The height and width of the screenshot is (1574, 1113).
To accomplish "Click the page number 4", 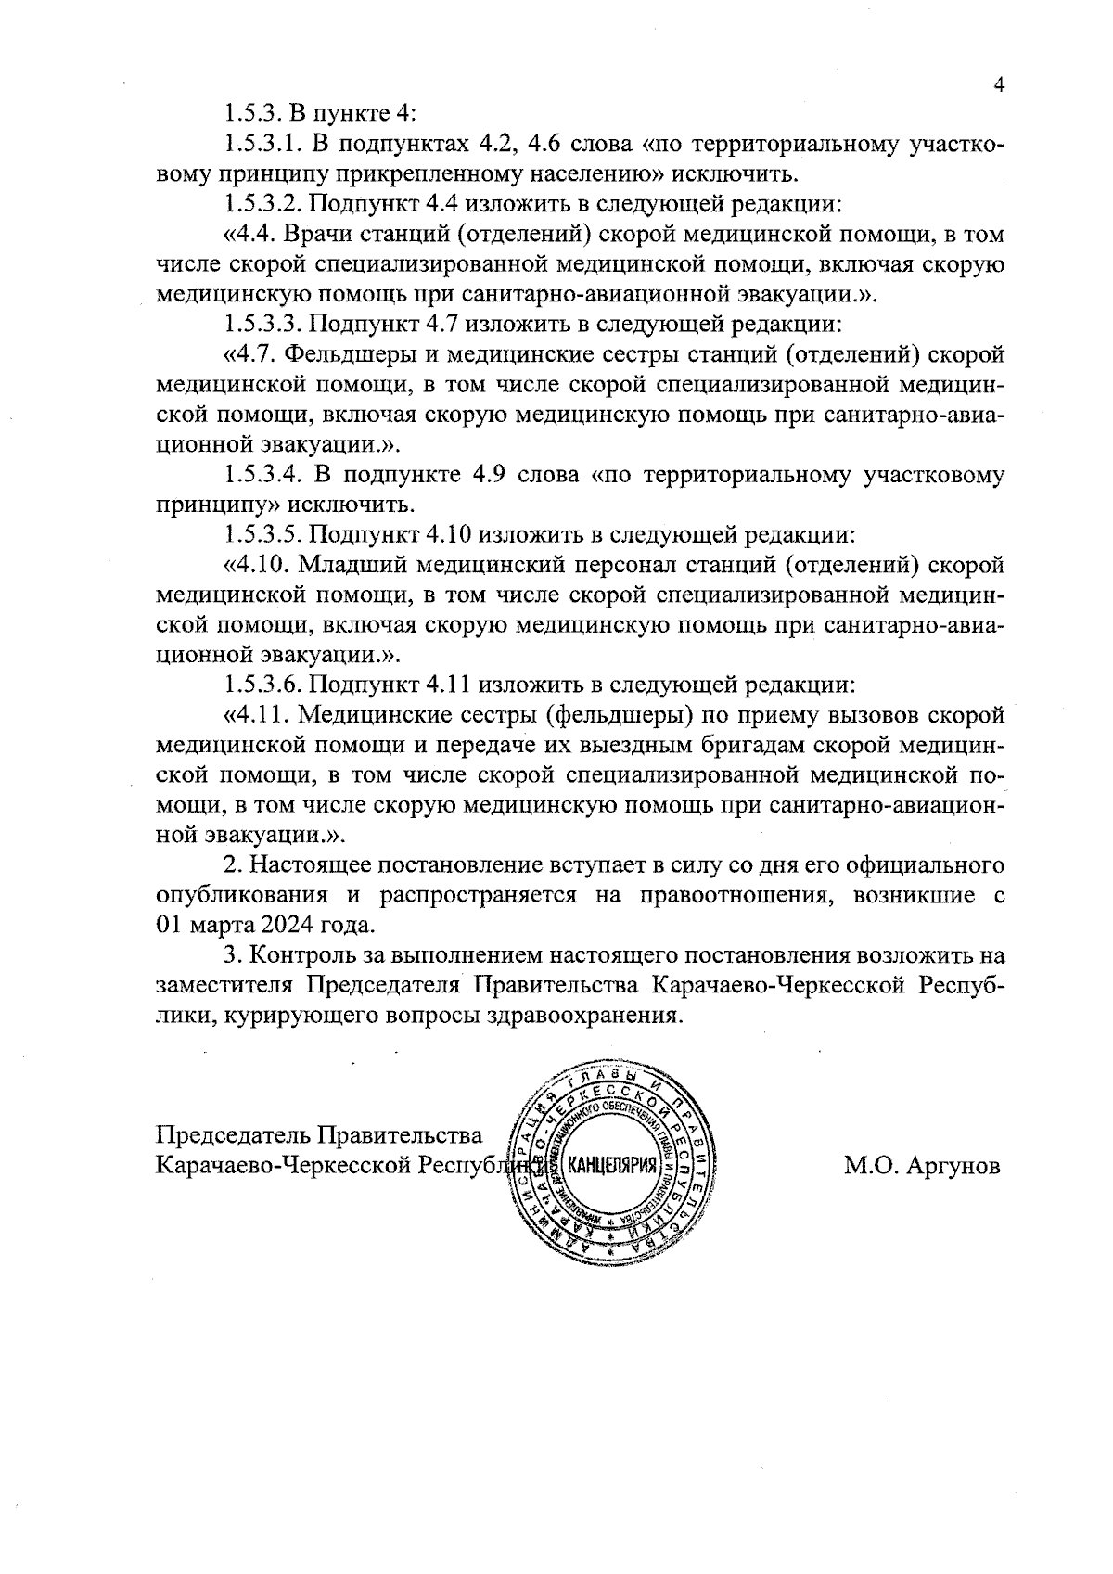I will pos(999,84).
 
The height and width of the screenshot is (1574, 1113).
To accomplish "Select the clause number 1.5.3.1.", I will pos(262,144).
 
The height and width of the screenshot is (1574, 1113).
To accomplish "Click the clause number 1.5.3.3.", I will pos(262,324).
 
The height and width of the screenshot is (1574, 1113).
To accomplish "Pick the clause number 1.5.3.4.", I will pos(262,475).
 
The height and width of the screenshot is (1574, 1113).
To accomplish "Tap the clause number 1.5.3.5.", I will pos(262,535).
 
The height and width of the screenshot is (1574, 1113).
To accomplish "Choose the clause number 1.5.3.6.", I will pos(262,685).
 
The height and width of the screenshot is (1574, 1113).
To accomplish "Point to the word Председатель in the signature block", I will pos(231,1135).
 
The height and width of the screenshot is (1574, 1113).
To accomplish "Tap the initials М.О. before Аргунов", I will pos(869,1165).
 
